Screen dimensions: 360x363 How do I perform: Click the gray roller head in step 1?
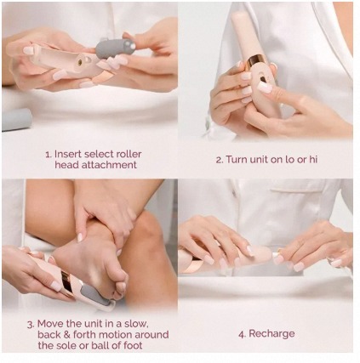115,48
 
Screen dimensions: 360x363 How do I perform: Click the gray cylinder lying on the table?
16,120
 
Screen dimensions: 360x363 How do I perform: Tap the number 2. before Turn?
220,160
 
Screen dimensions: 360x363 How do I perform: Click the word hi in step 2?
312,159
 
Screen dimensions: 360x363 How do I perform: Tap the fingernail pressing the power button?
265,88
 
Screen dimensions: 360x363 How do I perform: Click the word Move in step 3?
50,324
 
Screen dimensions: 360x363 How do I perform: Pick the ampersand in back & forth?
66,335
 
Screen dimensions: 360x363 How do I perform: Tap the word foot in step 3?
133,345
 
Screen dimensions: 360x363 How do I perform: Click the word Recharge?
271,334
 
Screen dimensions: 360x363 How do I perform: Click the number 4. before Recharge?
242,334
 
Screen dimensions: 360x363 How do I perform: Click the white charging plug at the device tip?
276,255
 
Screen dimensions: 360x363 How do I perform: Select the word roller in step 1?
129,154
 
